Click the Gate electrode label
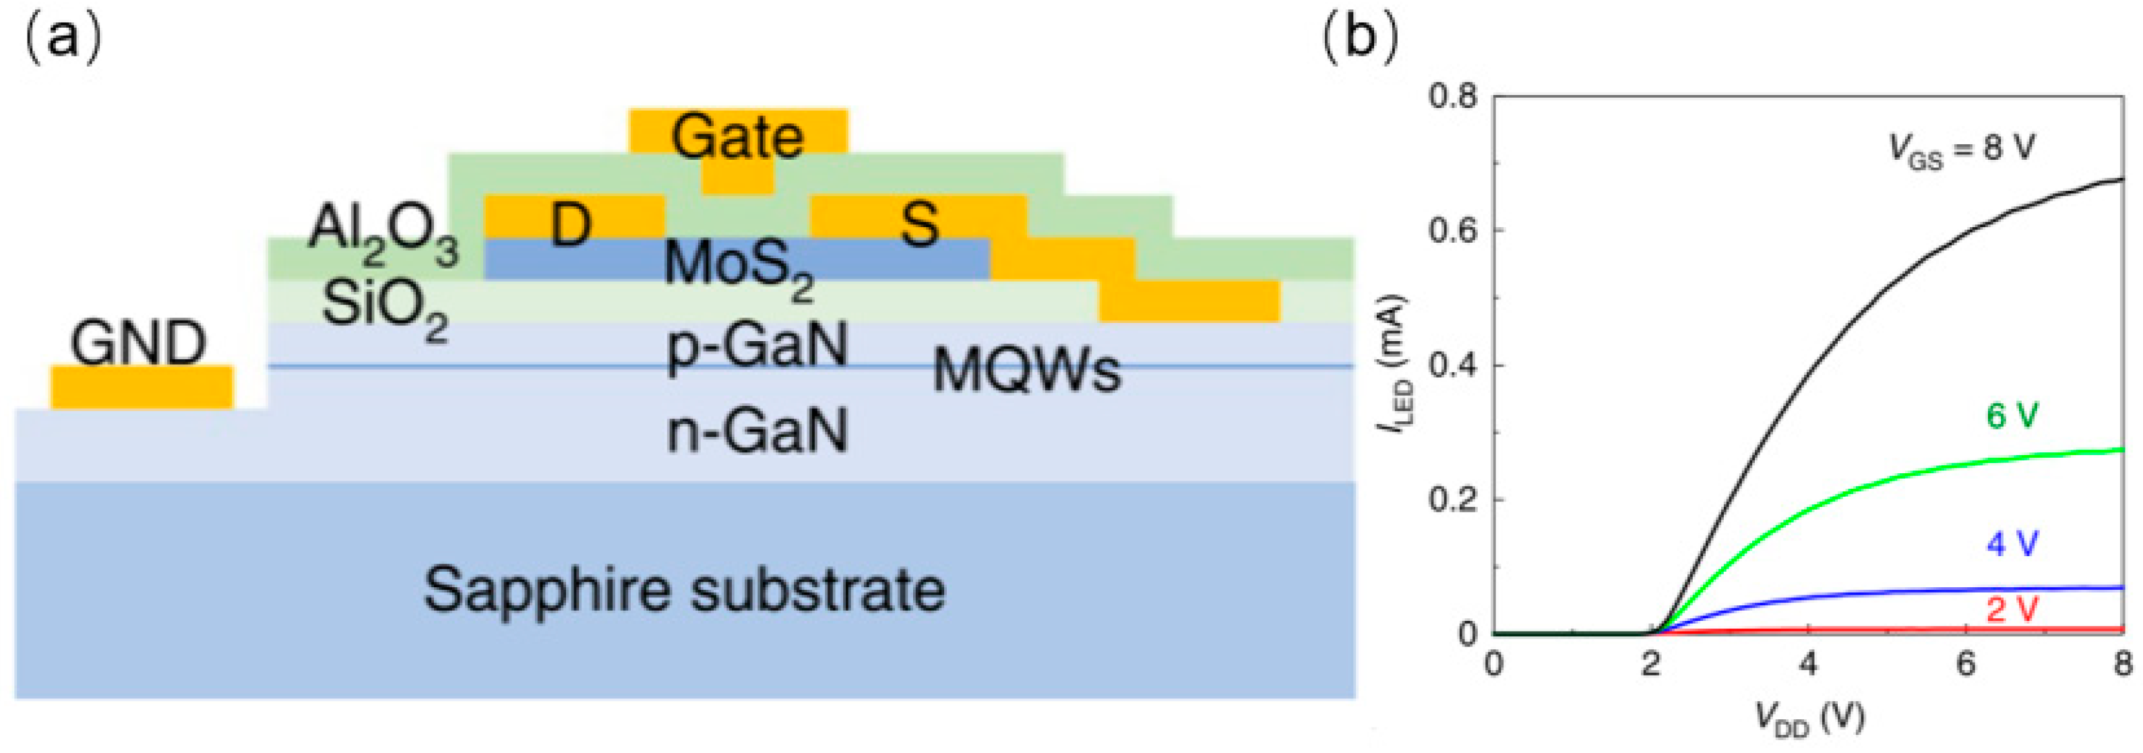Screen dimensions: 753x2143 pyautogui.click(x=738, y=138)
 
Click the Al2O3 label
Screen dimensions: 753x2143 pyautogui.click(x=383, y=233)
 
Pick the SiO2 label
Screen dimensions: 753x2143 pyautogui.click(x=384, y=308)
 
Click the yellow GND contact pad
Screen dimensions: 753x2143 pyautogui.click(x=142, y=387)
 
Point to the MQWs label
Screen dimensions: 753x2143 pyautogui.click(x=1026, y=370)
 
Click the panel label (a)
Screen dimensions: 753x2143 pyautogui.click(x=63, y=39)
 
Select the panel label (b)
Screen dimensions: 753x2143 pyautogui.click(x=1359, y=39)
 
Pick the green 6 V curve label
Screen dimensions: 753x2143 pyautogui.click(x=2012, y=415)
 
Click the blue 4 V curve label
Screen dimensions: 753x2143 pyautogui.click(x=2012, y=545)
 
